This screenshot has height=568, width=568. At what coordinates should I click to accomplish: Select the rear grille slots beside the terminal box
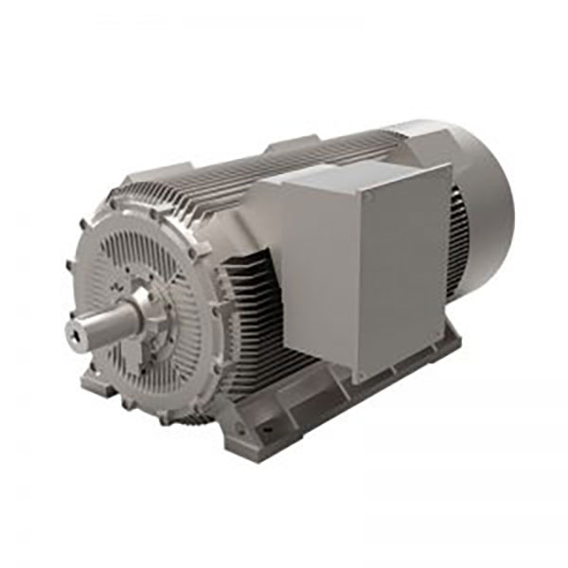pyautogui.click(x=459, y=237)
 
